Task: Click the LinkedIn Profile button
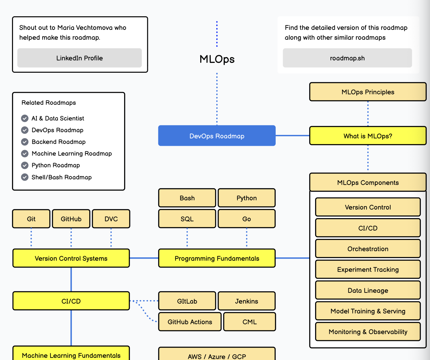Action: click(x=79, y=58)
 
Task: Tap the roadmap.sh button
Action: click(x=347, y=58)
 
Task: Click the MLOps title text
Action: click(x=217, y=59)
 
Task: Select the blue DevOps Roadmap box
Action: click(x=217, y=136)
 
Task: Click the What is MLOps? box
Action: click(x=368, y=136)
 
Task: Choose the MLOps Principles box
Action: click(x=368, y=92)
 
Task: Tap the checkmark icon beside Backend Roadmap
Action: click(x=25, y=142)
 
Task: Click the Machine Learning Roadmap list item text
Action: click(x=71, y=153)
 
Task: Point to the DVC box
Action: click(x=111, y=219)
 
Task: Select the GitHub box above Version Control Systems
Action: click(x=71, y=219)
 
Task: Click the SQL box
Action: click(x=187, y=219)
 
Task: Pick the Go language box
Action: click(x=246, y=219)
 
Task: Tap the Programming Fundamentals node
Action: click(x=217, y=258)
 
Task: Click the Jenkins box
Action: click(x=246, y=301)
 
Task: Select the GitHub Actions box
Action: click(x=190, y=322)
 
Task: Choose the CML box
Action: click(x=249, y=322)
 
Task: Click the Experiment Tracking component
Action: click(x=368, y=269)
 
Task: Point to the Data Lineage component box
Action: click(x=368, y=290)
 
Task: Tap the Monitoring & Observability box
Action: click(x=368, y=332)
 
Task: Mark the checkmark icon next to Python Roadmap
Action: click(x=25, y=165)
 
